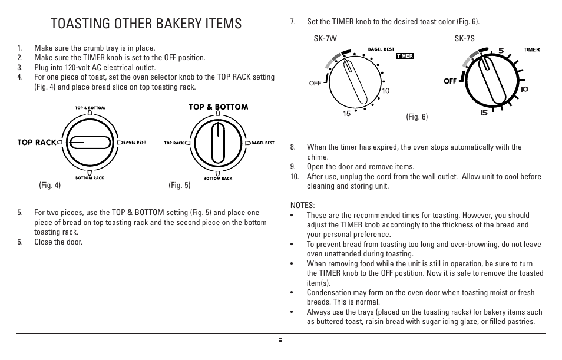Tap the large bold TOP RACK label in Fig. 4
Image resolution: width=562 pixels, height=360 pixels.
pyautogui.click(x=37, y=142)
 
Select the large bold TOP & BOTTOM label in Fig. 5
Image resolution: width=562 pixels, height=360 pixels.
pyautogui.click(x=218, y=107)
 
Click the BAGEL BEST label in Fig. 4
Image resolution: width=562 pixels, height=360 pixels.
pyautogui.click(x=134, y=142)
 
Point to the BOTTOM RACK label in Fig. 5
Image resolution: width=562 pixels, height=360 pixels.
pyautogui.click(x=217, y=178)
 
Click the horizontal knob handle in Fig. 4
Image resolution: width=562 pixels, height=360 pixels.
pyautogui.click(x=89, y=142)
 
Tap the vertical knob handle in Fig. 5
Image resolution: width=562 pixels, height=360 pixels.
pyautogui.click(x=218, y=143)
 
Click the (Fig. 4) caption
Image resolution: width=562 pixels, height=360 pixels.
pyautogui.click(x=50, y=186)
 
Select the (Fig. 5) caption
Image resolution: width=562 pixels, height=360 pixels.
pyautogui.click(x=180, y=186)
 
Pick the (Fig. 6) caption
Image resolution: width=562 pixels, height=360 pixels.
pyautogui.click(x=416, y=117)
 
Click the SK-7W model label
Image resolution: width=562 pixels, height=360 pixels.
pyautogui.click(x=324, y=39)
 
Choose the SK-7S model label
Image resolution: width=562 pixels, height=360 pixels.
pyautogui.click(x=464, y=39)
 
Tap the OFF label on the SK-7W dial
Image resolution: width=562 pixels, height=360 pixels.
pyautogui.click(x=315, y=84)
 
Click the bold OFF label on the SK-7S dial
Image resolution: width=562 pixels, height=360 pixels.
pyautogui.click(x=451, y=81)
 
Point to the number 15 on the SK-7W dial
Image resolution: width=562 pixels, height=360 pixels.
pyautogui.click(x=347, y=114)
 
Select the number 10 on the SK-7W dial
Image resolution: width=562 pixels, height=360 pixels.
pyautogui.click(x=386, y=91)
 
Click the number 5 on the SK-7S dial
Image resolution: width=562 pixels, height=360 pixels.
pyautogui.click(x=501, y=51)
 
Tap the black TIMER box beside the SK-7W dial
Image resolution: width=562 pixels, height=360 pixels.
pyautogui.click(x=405, y=57)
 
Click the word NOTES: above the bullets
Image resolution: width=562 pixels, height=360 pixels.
pyautogui.click(x=303, y=206)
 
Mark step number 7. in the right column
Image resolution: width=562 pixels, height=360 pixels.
pyautogui.click(x=292, y=22)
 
